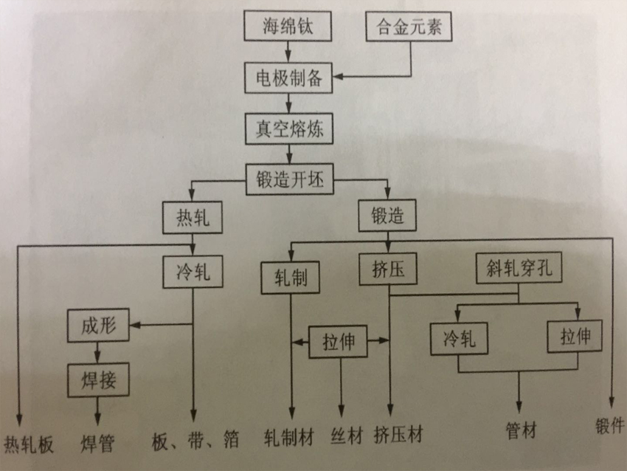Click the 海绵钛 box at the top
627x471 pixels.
click(x=288, y=28)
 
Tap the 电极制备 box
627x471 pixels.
click(x=288, y=78)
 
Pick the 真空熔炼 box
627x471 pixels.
click(x=288, y=128)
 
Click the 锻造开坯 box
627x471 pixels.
click(x=289, y=179)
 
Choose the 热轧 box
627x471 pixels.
click(x=193, y=218)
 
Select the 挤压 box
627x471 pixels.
click(x=389, y=269)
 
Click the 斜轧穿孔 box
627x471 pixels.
click(x=519, y=269)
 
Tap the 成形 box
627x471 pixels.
click(x=99, y=324)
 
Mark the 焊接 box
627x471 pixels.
click(x=98, y=379)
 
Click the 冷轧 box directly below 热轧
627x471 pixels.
click(x=192, y=272)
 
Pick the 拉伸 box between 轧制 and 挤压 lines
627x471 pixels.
click(x=340, y=342)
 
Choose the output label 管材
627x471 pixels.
click(x=521, y=430)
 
